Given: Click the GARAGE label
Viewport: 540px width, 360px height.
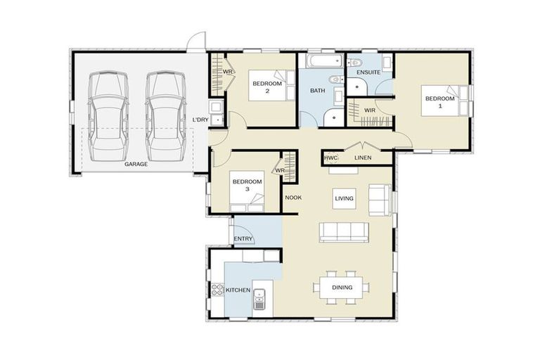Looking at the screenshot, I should (x=136, y=164).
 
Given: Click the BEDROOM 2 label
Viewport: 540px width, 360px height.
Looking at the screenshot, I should (x=267, y=87).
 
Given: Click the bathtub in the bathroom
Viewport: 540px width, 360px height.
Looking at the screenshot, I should (x=321, y=63).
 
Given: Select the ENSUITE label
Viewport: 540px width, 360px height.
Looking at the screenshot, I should (x=368, y=72).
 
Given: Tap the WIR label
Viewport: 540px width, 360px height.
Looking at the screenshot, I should (x=369, y=110).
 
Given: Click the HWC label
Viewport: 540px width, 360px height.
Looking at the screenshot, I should (x=331, y=158).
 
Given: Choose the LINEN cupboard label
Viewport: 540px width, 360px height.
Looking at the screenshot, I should (x=363, y=158).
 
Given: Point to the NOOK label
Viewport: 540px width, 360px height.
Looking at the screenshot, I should (x=293, y=198).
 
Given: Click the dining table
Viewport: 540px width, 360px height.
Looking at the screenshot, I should (x=342, y=288).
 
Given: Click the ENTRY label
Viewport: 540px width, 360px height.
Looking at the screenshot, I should (x=243, y=240).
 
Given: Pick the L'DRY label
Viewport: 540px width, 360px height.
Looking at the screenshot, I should (x=200, y=120).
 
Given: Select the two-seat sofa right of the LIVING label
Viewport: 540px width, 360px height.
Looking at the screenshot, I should (x=380, y=200).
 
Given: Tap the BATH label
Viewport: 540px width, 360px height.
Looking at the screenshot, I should (x=317, y=90).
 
